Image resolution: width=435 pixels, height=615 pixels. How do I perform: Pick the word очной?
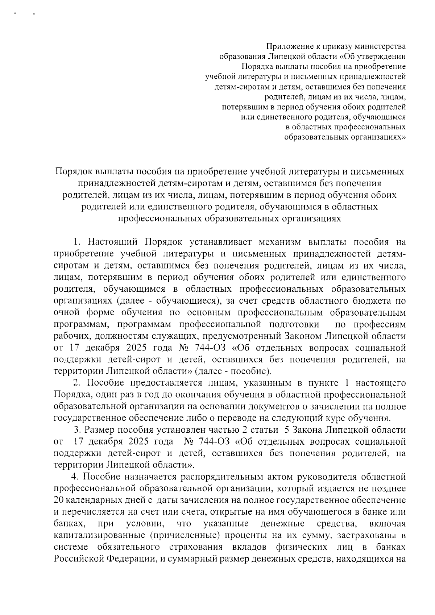[x=66, y=312]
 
